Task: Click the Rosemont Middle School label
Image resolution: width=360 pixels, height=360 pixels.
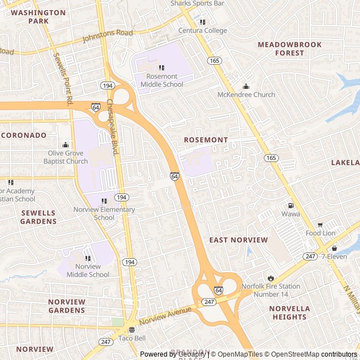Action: pyautogui.click(x=161, y=80)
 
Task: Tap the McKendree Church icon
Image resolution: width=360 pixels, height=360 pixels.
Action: pyautogui.click(x=246, y=86)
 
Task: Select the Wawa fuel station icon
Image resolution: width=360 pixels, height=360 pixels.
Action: pyautogui.click(x=290, y=205)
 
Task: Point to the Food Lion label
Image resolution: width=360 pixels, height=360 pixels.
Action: pyautogui.click(x=321, y=233)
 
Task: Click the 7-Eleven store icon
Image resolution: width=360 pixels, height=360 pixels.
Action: pyautogui.click(x=334, y=248)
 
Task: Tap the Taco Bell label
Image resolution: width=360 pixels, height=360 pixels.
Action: pyautogui.click(x=132, y=338)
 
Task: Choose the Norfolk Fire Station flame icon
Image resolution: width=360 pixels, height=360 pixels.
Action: pyautogui.click(x=271, y=278)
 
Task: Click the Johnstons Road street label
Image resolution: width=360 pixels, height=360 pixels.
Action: pyautogui.click(x=107, y=37)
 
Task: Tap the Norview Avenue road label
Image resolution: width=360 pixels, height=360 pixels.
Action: pyautogui.click(x=165, y=316)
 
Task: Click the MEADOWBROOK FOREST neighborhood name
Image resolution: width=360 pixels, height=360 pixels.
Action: pyautogui.click(x=290, y=48)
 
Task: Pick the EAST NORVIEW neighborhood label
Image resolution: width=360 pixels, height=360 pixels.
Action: pyautogui.click(x=238, y=240)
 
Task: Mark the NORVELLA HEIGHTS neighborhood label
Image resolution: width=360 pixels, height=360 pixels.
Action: pyautogui.click(x=289, y=313)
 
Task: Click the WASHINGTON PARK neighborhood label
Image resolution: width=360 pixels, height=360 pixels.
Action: pyautogui.click(x=38, y=16)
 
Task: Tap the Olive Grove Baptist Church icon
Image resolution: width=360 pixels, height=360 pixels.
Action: pyautogui.click(x=66, y=145)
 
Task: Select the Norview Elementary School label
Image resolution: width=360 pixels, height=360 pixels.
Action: pyautogui.click(x=104, y=214)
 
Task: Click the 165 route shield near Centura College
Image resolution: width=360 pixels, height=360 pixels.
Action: pyautogui.click(x=214, y=60)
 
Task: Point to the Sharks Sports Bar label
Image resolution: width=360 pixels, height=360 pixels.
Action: pyautogui.click(x=197, y=3)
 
